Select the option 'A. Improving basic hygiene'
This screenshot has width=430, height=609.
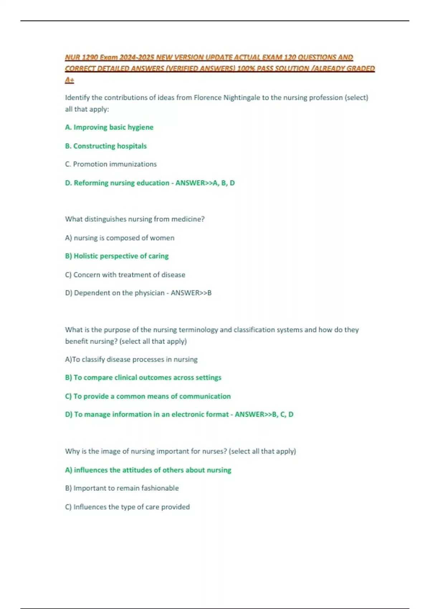[x=109, y=127]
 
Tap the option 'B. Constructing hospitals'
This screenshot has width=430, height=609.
[x=106, y=146]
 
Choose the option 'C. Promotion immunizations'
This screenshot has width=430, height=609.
[x=111, y=164]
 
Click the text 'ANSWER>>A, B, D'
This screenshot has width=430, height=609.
[x=205, y=183]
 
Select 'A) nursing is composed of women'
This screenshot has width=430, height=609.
[x=120, y=238]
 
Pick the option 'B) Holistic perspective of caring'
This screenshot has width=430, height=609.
[x=117, y=256]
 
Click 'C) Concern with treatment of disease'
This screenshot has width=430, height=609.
[x=125, y=275]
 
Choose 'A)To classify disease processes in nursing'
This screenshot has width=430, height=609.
[x=131, y=359]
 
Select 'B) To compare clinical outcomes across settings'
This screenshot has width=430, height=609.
[x=143, y=378]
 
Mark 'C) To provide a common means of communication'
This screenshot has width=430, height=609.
[x=148, y=396]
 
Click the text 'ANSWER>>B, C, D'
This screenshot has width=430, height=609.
[x=264, y=414]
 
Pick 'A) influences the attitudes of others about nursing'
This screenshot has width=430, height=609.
[x=148, y=470]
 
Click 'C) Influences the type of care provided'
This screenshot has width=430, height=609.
[x=127, y=507]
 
